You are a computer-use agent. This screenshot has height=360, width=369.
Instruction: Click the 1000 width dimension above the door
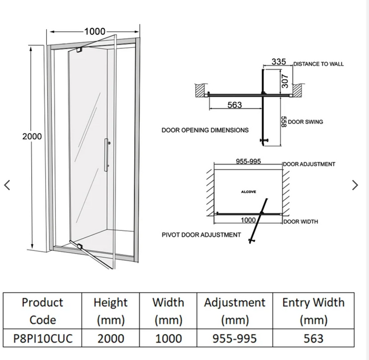pos(95,32)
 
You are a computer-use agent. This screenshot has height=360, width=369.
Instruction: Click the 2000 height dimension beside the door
pos(32,137)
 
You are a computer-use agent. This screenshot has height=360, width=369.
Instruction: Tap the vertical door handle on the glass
pos(107,154)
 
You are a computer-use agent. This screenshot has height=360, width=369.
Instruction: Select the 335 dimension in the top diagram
pos(279,62)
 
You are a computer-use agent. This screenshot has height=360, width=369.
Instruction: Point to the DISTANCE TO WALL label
pos(319,64)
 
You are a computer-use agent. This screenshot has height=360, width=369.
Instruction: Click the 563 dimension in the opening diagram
pos(234,105)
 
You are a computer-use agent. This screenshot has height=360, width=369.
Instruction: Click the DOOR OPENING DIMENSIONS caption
pos(205,130)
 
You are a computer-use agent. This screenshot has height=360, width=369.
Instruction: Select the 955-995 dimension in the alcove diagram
pos(248,161)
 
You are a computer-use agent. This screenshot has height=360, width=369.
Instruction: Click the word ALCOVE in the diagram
pos(248,192)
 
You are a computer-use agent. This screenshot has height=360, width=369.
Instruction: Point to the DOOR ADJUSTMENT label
pos(309,165)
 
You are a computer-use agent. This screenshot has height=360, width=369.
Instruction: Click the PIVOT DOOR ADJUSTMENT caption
pos(201,235)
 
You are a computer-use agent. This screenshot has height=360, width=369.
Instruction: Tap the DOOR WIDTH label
pos(301,222)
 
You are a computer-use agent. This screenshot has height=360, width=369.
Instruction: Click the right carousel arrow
pos(355,185)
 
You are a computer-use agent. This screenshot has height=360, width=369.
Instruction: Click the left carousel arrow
pos(7,185)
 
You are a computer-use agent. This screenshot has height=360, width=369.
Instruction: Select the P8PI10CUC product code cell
pos(43,337)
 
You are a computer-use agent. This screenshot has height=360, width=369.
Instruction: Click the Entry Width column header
pos(313,311)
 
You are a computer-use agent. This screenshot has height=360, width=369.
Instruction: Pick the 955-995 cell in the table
pos(234,337)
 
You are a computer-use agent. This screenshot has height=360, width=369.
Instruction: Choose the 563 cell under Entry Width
pos(313,337)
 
